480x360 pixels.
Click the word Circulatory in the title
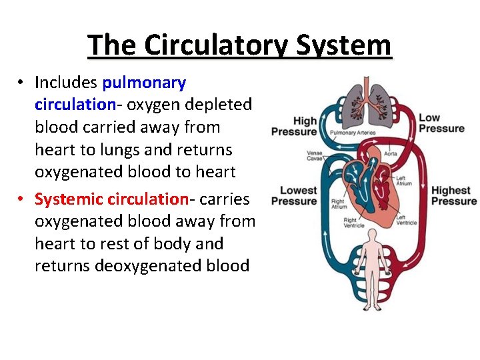point(216,46)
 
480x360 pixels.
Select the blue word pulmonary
point(144,83)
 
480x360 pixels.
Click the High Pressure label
point(293,125)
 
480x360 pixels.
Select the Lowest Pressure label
point(293,196)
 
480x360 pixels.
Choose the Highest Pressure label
point(453,196)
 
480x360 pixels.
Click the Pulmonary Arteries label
point(353,133)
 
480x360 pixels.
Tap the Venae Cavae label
point(315,157)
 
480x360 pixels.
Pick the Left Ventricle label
point(406,220)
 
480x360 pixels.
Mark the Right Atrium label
point(338,203)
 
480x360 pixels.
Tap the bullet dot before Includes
point(22,83)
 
